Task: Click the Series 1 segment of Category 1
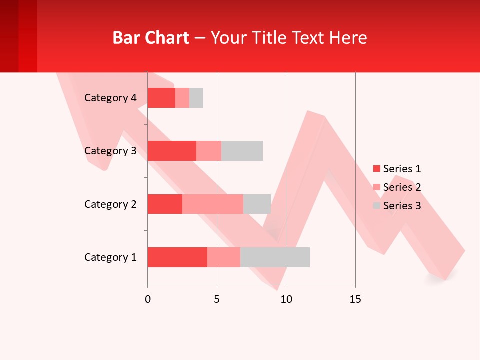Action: (x=177, y=257)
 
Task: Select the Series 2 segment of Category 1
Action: (x=224, y=257)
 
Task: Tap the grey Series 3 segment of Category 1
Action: (x=275, y=257)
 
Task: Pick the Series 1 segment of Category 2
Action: (x=165, y=204)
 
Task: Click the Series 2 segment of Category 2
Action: (x=213, y=204)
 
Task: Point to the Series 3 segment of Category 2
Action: (x=257, y=204)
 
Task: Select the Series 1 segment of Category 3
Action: (x=172, y=151)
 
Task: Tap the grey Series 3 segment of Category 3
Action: (x=242, y=151)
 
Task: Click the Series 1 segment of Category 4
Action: (x=161, y=98)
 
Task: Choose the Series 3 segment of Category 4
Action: (x=196, y=98)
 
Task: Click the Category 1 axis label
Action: (x=110, y=257)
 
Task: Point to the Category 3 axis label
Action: (x=110, y=151)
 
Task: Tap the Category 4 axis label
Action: (x=110, y=98)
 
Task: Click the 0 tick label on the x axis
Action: (x=147, y=299)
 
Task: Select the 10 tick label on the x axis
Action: (x=286, y=299)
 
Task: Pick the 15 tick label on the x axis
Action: (x=355, y=299)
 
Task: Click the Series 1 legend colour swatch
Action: (x=376, y=169)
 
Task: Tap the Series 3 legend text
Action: (x=402, y=206)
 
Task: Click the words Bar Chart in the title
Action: (x=151, y=38)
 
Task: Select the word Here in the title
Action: (x=349, y=38)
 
